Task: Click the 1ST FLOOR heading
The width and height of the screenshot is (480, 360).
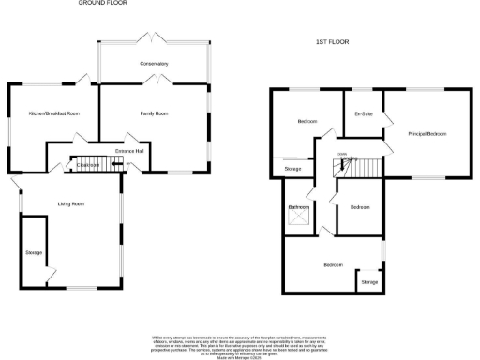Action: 333,43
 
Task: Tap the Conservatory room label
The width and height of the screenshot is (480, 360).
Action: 154,63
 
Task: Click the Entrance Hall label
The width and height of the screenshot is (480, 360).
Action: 127,150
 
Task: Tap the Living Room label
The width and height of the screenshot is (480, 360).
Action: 71,202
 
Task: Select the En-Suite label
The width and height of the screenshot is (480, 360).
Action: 364,113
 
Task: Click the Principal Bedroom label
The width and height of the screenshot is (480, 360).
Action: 427,134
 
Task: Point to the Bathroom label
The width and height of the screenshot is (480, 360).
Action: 299,206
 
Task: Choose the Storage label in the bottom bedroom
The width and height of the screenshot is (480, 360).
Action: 369,281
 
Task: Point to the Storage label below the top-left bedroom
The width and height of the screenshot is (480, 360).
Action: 292,169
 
